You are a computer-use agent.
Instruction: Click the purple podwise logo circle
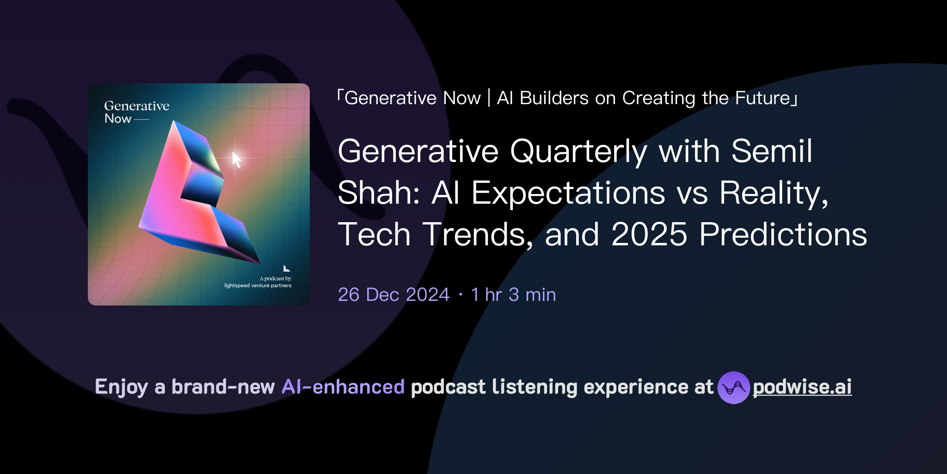733,387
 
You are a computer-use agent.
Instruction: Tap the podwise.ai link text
802,387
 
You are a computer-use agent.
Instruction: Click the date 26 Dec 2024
394,294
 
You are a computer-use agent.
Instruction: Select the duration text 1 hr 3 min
513,294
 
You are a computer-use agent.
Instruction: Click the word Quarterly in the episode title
578,151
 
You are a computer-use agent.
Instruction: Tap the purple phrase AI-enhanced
343,387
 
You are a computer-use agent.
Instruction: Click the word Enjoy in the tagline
121,387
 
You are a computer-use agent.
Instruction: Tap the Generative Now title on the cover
136,112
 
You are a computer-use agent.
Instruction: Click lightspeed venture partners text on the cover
258,286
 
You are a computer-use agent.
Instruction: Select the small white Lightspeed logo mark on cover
287,268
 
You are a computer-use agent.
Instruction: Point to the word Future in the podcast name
763,98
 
